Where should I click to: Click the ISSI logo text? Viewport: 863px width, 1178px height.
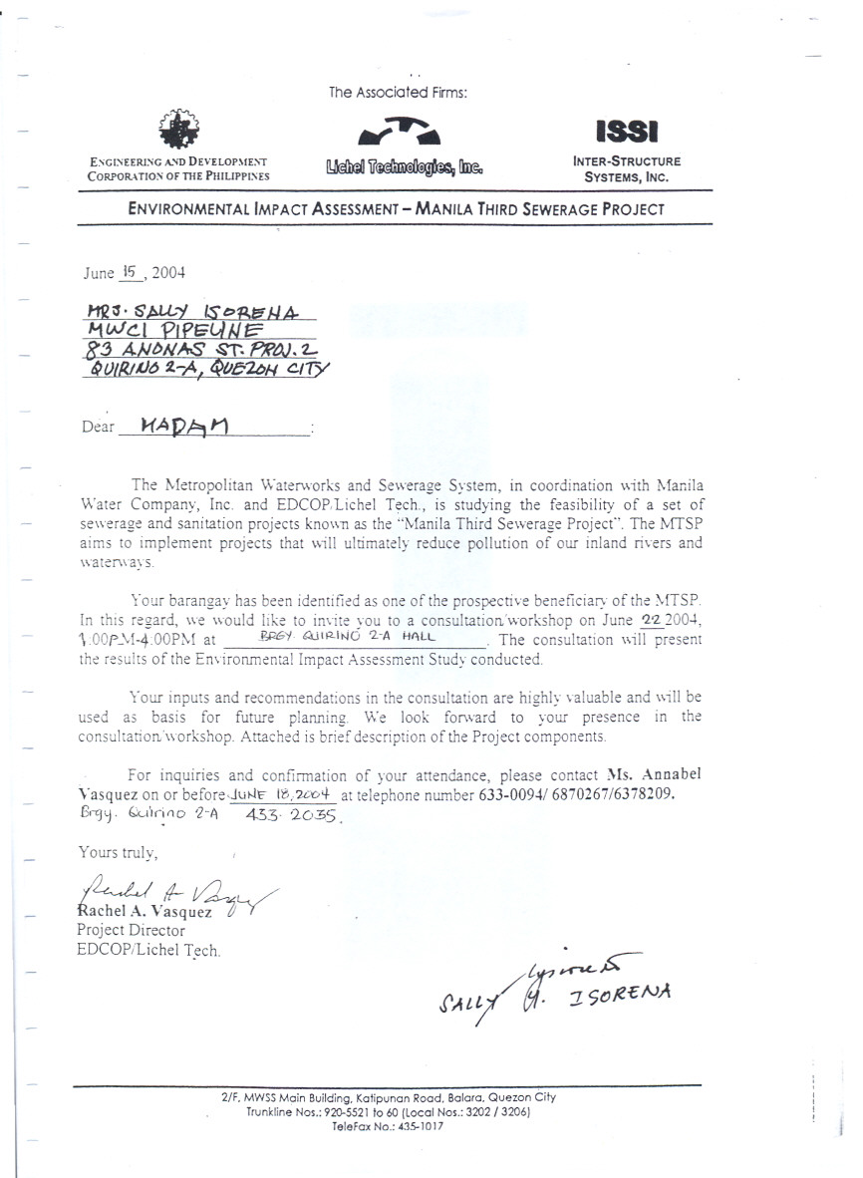pos(626,132)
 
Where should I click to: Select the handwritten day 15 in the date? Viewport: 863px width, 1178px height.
pos(127,269)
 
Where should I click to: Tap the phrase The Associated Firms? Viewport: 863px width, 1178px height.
pos(399,93)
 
